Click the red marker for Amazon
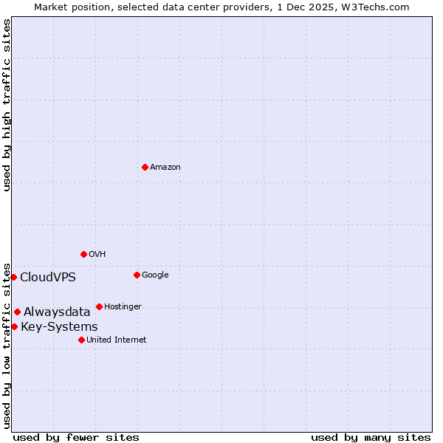(x=145, y=167)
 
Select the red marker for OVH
(x=83, y=254)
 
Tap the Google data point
(x=137, y=275)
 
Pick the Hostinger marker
(x=99, y=306)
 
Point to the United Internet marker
(x=81, y=340)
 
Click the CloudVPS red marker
(x=13, y=277)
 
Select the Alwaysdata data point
(x=17, y=312)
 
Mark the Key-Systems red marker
(x=14, y=326)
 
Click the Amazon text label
(x=165, y=168)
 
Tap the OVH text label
(x=97, y=255)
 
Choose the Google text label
(x=155, y=275)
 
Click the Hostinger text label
(x=123, y=307)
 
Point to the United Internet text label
(x=116, y=340)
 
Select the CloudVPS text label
(x=47, y=278)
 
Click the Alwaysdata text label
(x=57, y=312)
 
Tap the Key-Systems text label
(x=59, y=327)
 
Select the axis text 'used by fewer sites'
(x=76, y=437)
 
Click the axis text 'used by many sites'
(x=371, y=437)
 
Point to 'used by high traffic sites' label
(x=7, y=105)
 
